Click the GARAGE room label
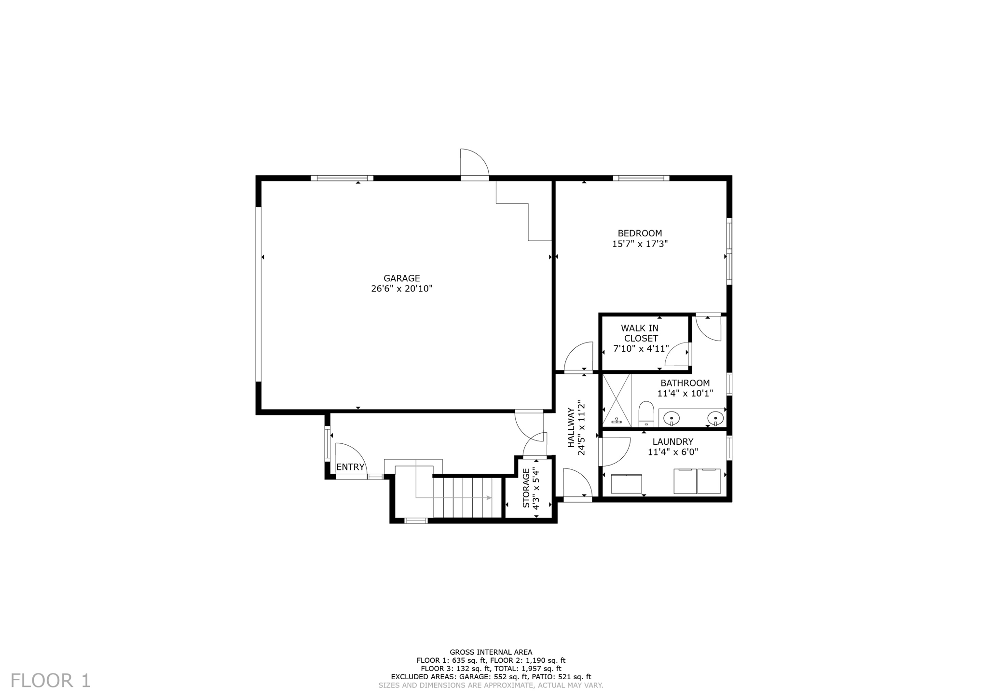pos(401,278)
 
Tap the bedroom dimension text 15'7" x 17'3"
pos(640,244)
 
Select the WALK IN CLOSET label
pos(640,333)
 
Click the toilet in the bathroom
pos(646,414)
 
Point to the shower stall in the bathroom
pos(617,400)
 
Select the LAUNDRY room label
pos(672,441)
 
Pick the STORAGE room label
pos(526,488)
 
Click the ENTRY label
pos(350,467)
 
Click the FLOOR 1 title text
pos(51,681)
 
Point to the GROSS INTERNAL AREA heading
pos(491,652)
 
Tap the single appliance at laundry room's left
pos(626,484)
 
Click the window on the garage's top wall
pos(342,178)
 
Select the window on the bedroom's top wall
pos(641,178)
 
